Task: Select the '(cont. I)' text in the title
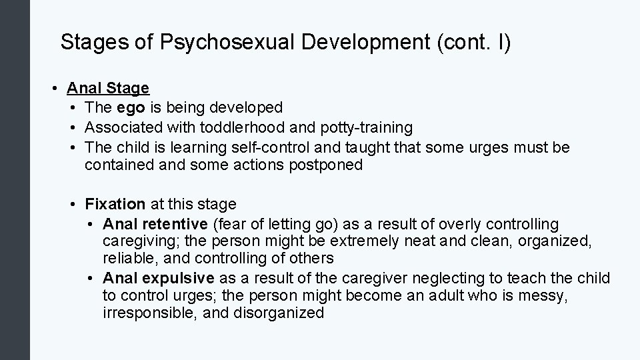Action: [473, 43]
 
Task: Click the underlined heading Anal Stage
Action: [109, 89]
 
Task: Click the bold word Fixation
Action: [115, 204]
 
